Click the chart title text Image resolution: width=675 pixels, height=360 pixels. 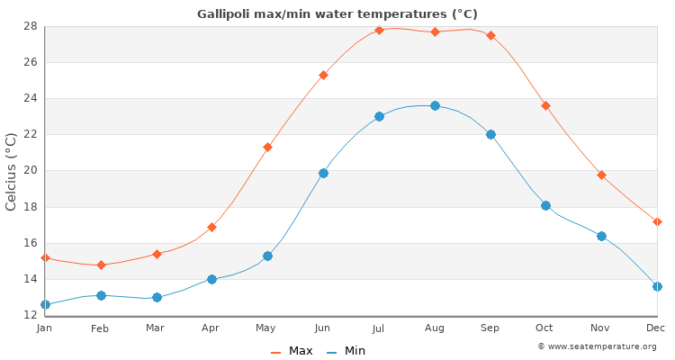pos(337,14)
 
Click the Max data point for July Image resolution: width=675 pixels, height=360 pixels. pos(379,30)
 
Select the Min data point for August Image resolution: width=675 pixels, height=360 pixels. pos(435,105)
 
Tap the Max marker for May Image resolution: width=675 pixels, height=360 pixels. pos(267,147)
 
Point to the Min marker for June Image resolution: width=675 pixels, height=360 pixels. pos(323,173)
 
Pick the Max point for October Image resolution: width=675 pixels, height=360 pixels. pos(545,105)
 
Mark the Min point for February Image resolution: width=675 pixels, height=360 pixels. pos(101,295)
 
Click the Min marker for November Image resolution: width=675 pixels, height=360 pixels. pos(601,236)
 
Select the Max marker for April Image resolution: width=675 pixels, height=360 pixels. pos(211,227)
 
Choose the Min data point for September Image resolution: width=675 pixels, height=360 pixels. pos(490,134)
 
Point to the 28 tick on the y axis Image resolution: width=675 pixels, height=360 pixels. pos(31,26)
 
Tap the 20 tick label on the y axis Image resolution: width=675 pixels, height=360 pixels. pos(31,171)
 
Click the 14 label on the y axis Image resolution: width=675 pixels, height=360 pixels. pos(31,279)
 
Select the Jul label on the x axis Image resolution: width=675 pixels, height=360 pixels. pos(378,328)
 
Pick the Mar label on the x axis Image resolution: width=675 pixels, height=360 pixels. pos(156,328)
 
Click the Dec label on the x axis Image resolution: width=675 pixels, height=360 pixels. pos(655,328)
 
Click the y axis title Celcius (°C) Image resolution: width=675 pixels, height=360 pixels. pos(12,171)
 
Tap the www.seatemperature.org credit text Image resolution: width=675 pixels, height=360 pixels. pos(597,346)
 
